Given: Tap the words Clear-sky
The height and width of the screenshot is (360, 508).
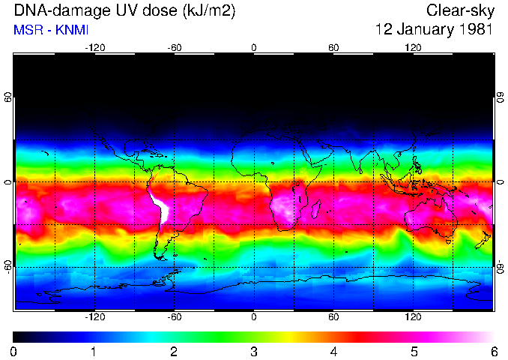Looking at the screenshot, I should coord(459,11).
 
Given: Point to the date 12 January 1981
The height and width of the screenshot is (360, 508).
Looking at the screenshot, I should coord(434,30).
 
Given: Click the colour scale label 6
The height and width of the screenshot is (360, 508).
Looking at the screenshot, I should coord(494,351).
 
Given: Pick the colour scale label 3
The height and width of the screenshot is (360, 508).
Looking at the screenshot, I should coord(254,351).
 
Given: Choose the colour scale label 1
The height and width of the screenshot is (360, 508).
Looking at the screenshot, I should coord(94,351).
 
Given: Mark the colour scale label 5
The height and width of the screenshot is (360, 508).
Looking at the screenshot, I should coord(414,351).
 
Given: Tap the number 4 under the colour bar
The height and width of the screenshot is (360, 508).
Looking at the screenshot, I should coord(333,351).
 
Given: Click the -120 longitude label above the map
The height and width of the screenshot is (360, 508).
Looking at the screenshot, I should coord(94,47).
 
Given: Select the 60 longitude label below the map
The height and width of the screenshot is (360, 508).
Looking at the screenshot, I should coord(333,316).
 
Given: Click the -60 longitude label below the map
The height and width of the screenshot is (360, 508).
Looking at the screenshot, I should coord(174,316).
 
